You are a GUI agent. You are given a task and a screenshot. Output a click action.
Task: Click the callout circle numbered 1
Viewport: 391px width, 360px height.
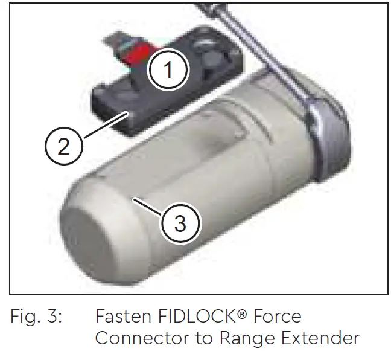tap(168, 71)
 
